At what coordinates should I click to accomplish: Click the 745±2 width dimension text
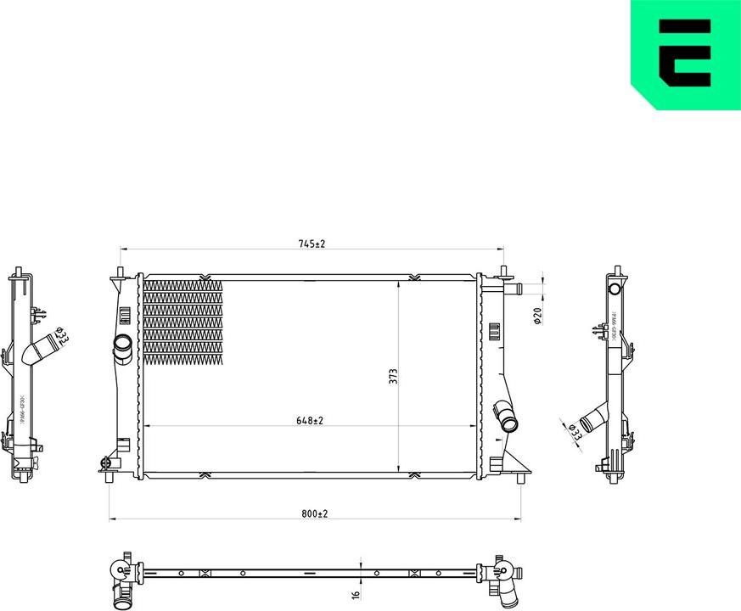(x=312, y=244)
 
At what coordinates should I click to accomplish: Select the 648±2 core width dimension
(x=312, y=419)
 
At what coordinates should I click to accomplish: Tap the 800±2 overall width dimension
(x=313, y=513)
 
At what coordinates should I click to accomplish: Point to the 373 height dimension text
(x=393, y=376)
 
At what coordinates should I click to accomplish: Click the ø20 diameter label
(x=537, y=317)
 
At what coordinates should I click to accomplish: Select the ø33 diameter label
(x=575, y=431)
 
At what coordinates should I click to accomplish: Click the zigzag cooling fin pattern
(x=182, y=322)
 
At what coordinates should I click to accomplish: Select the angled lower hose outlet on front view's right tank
(x=506, y=417)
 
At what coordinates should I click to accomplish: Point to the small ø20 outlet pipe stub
(x=515, y=290)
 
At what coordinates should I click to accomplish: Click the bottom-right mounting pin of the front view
(x=519, y=478)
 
